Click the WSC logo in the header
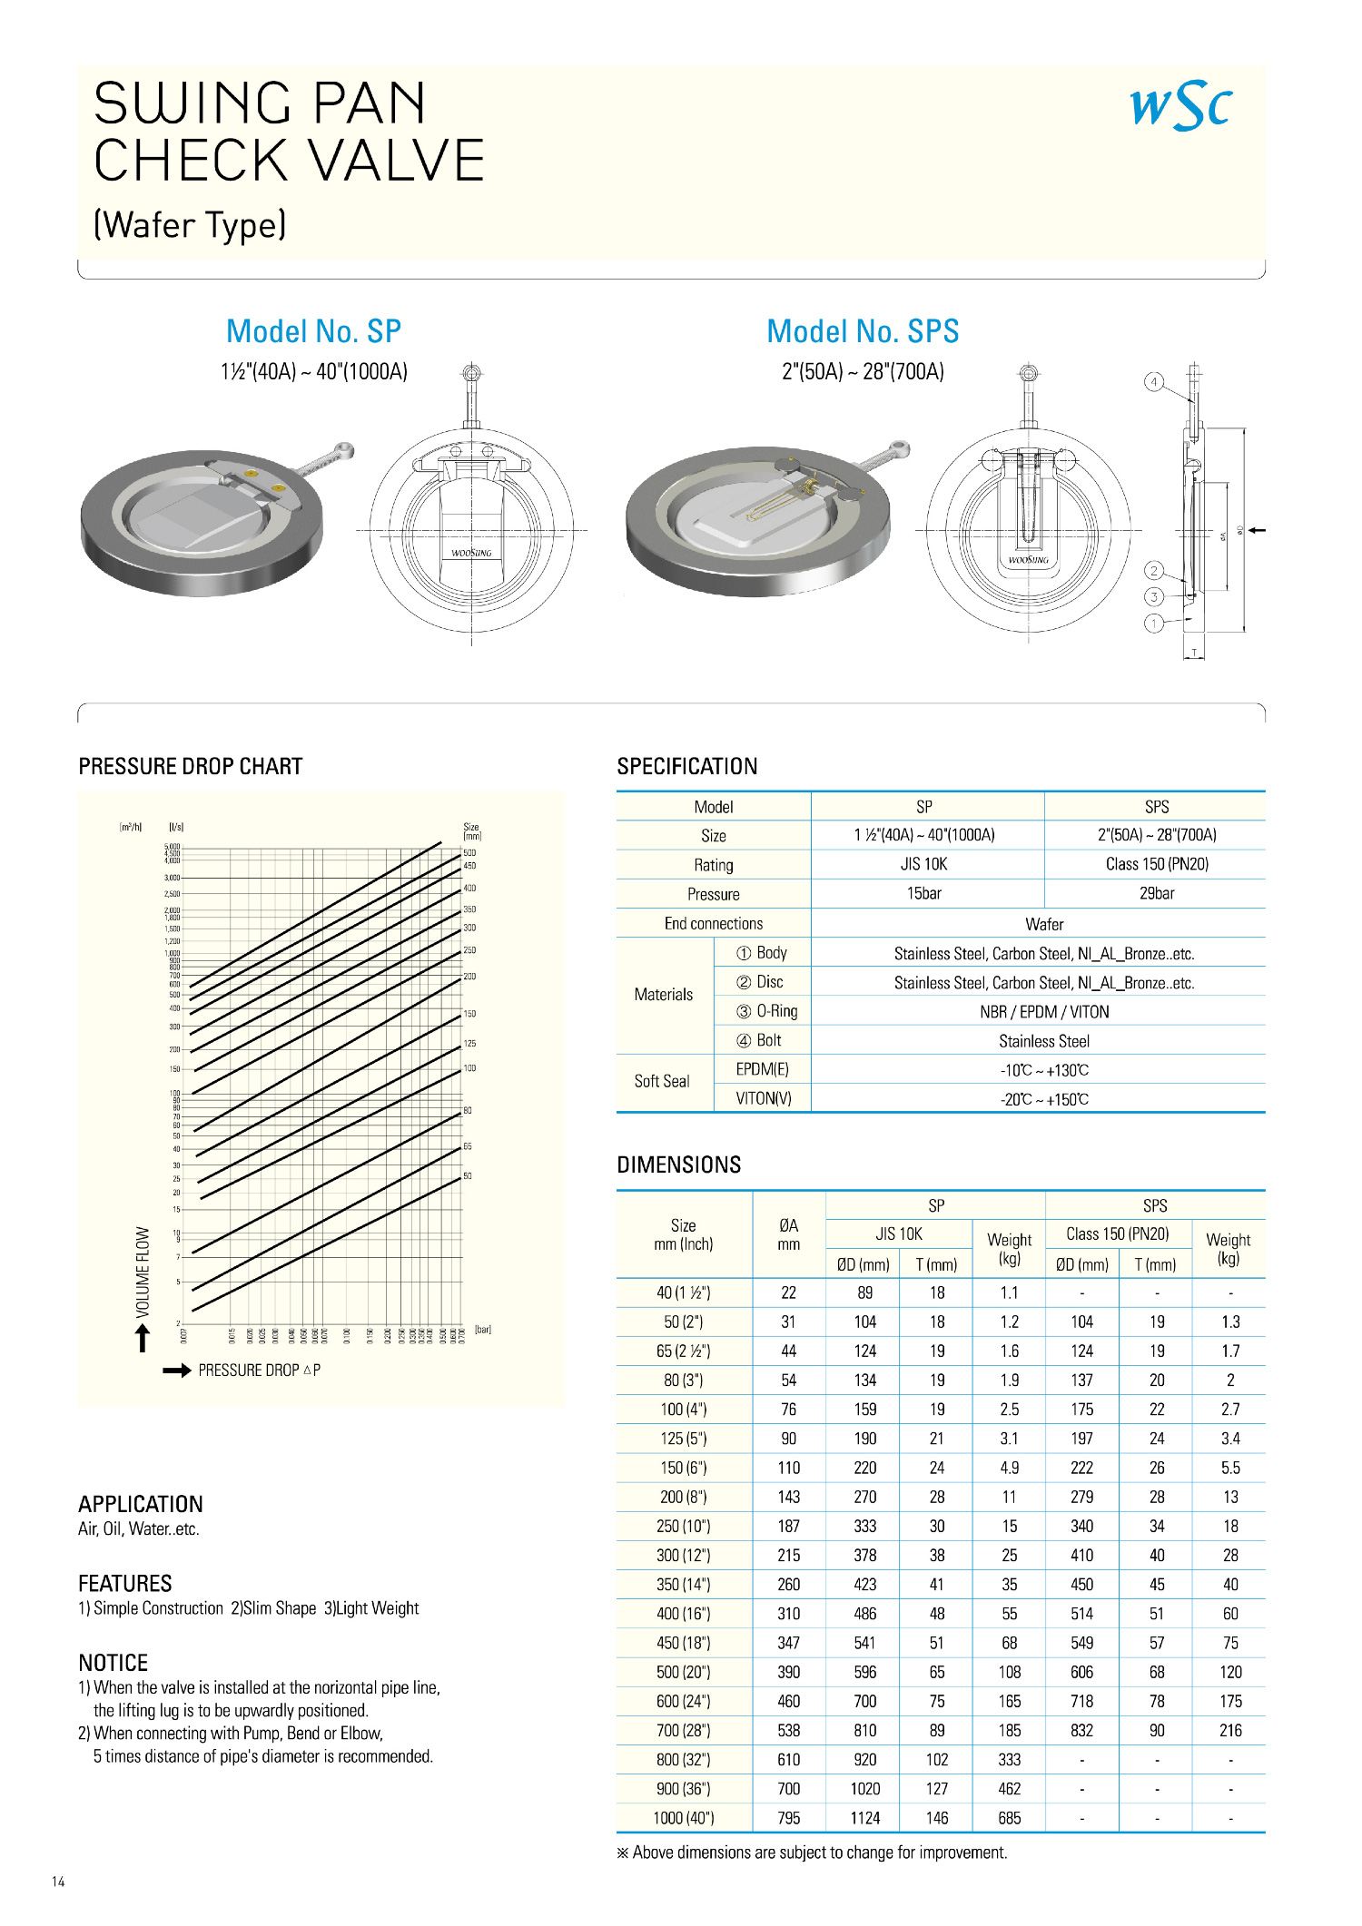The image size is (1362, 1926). [1180, 106]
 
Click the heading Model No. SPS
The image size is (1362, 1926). [863, 331]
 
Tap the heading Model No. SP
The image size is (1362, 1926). [313, 331]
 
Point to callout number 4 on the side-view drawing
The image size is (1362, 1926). [1154, 382]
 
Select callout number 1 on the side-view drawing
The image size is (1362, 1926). [1154, 624]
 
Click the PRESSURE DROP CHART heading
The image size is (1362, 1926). [191, 767]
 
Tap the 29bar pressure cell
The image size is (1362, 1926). [1156, 894]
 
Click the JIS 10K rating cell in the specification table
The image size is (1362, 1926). [923, 865]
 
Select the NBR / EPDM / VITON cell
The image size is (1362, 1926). [1044, 1012]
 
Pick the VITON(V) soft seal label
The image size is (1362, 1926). [763, 1099]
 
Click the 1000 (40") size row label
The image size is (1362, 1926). [684, 1818]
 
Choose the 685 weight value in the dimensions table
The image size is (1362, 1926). [1009, 1818]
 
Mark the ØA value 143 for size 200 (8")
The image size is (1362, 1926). [788, 1497]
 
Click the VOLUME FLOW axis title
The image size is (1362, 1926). [143, 1272]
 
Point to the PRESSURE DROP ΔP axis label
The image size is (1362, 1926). [259, 1371]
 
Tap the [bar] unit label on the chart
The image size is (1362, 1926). [483, 1330]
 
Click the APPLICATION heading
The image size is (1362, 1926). [141, 1504]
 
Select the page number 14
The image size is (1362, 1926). [58, 1882]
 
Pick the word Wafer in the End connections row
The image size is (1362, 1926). [1044, 925]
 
